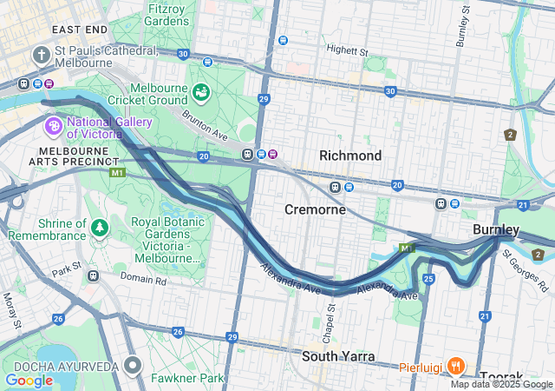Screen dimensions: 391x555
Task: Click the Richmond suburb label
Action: coord(350,156)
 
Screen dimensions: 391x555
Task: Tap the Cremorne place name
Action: coord(316,210)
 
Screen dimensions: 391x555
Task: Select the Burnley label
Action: coord(496,229)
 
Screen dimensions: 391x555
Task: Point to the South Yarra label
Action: coord(338,357)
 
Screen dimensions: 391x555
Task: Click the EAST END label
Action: coord(79,30)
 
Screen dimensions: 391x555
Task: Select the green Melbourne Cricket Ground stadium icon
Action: coord(201,91)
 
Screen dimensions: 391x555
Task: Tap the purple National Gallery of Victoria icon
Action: coord(53,128)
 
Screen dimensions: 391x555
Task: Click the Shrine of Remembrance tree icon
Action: coord(101,229)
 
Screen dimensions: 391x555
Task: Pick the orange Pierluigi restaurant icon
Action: coord(458,366)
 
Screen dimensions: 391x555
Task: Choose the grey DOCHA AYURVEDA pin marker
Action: coord(133,365)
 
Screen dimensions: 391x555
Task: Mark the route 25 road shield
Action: coord(428,278)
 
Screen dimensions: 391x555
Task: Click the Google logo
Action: coord(29,381)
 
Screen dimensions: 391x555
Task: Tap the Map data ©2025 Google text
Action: coord(500,384)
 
